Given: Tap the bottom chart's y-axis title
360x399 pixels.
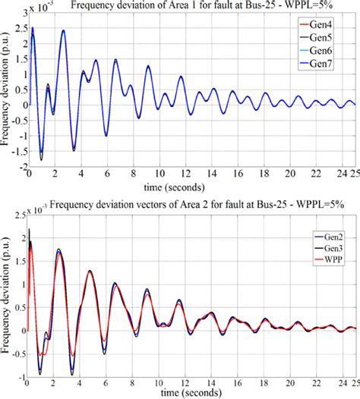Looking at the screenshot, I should point(6,292).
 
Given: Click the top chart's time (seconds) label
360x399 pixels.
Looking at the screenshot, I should point(182,186).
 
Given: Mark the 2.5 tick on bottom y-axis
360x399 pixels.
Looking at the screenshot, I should point(20,218).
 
